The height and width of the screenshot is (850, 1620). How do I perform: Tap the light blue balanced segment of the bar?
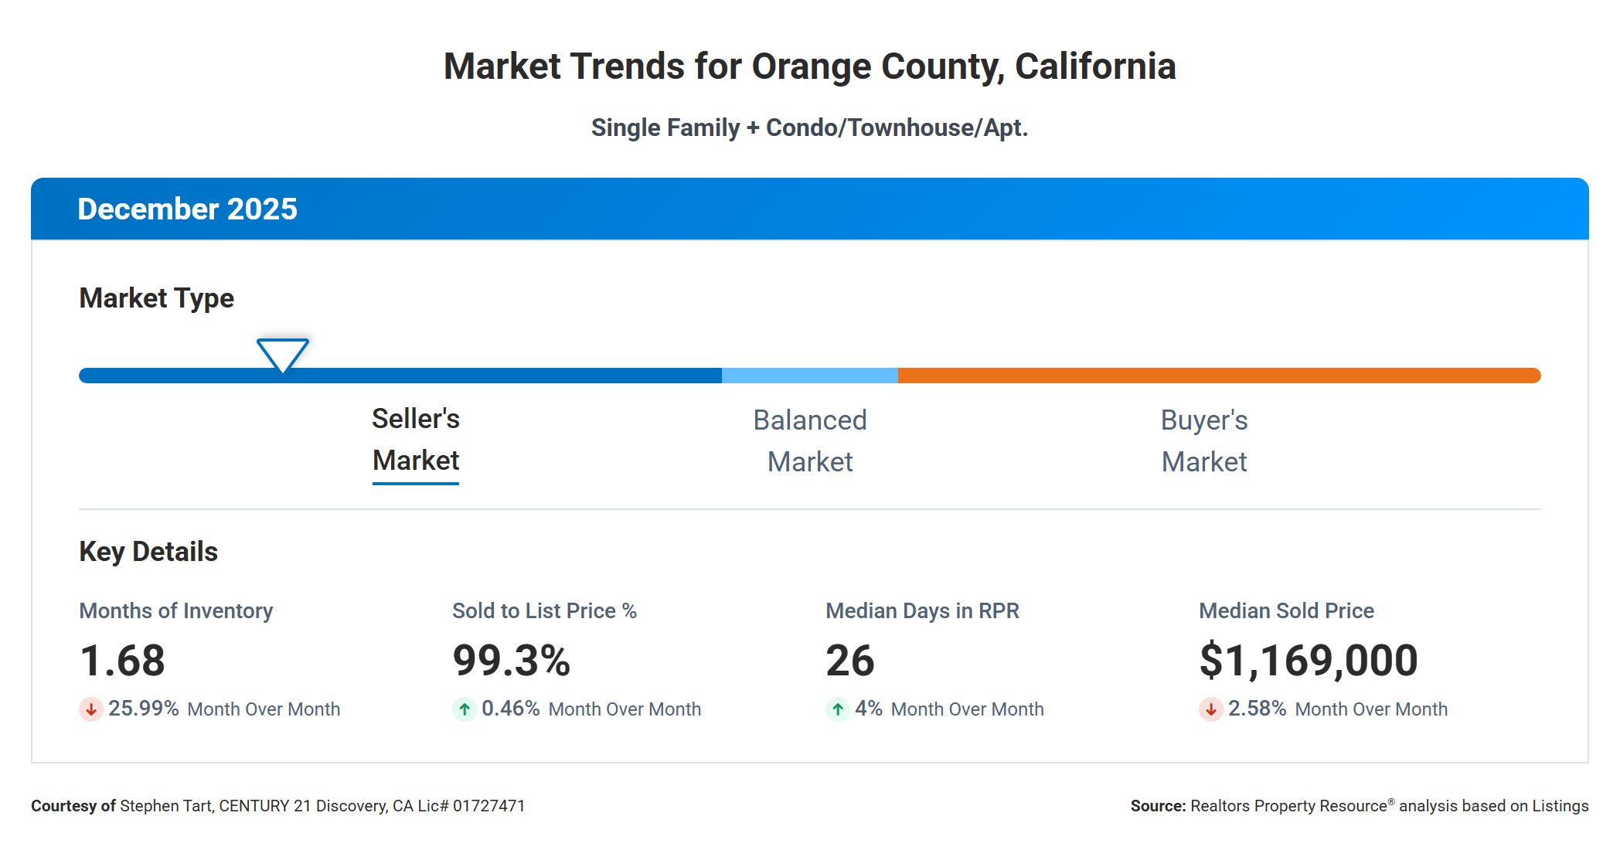(x=809, y=376)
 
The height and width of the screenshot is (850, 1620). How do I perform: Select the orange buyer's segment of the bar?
(x=1219, y=376)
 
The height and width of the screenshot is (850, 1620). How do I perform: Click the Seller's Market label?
(x=416, y=440)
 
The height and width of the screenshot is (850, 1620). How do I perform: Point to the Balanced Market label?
(x=810, y=441)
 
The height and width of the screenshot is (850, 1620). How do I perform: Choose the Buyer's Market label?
(x=1204, y=441)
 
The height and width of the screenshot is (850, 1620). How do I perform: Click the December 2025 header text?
(x=188, y=209)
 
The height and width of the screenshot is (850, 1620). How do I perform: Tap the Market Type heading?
(x=157, y=298)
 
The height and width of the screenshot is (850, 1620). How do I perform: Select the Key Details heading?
(x=148, y=552)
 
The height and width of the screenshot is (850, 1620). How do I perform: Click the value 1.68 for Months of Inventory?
(x=123, y=661)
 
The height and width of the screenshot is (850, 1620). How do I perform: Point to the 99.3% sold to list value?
(x=512, y=661)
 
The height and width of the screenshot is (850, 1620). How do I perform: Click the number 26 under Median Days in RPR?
(x=850, y=661)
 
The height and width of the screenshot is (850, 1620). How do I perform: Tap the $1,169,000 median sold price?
(x=1309, y=661)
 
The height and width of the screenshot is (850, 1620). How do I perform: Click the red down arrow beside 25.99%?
(x=91, y=709)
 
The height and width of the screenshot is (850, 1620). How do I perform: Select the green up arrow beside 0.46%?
(x=465, y=709)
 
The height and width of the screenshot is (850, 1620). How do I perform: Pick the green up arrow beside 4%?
(x=838, y=709)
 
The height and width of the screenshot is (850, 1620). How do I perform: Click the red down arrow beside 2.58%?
(x=1211, y=709)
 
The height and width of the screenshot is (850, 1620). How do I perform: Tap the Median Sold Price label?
(x=1286, y=611)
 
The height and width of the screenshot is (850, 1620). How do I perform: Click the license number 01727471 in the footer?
(x=488, y=806)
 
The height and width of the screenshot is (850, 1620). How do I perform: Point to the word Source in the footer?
(x=1157, y=806)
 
